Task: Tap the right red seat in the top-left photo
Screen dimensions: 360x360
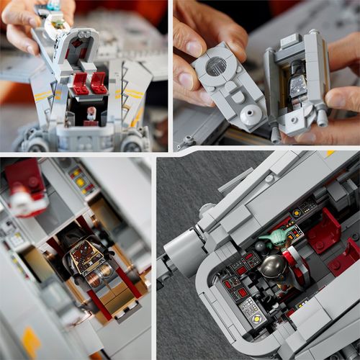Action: click(100, 82)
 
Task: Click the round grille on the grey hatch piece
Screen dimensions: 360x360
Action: click(216, 66)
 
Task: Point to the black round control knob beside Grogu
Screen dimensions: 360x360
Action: click(261, 246)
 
